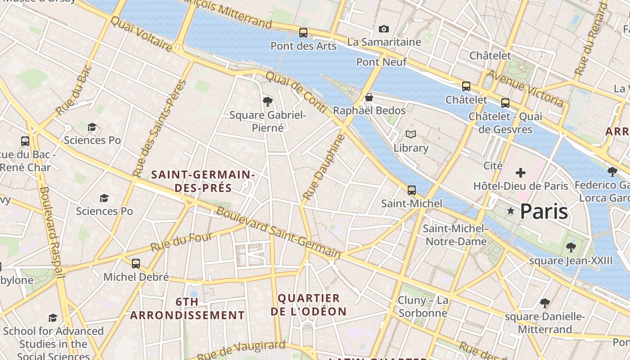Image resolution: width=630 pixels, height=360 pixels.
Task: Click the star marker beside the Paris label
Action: point(510,211)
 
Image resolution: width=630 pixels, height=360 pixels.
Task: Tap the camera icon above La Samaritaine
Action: point(383,29)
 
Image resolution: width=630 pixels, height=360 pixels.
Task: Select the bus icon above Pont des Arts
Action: point(303,33)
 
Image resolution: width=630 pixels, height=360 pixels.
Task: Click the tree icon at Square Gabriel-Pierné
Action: point(268,102)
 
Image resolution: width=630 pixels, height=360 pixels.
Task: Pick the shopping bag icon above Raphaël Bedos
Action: point(369,97)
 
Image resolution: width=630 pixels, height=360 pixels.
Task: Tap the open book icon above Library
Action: point(410,134)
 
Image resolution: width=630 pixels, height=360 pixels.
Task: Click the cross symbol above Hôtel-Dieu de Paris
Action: point(521,172)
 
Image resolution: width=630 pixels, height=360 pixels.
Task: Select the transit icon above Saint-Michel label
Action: point(411,190)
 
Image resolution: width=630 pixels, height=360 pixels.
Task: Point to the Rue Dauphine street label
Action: point(324,167)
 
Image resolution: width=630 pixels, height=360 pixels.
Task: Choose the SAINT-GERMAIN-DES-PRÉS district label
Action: point(203,181)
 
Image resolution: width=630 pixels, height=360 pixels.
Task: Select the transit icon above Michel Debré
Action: point(136,264)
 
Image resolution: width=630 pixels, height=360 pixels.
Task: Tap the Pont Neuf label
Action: point(382,62)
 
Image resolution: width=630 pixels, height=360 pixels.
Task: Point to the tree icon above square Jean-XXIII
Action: point(571,247)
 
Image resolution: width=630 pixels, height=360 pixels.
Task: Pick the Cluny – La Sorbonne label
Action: point(423,306)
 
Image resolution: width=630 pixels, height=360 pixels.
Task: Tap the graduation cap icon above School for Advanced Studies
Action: point(53,318)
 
